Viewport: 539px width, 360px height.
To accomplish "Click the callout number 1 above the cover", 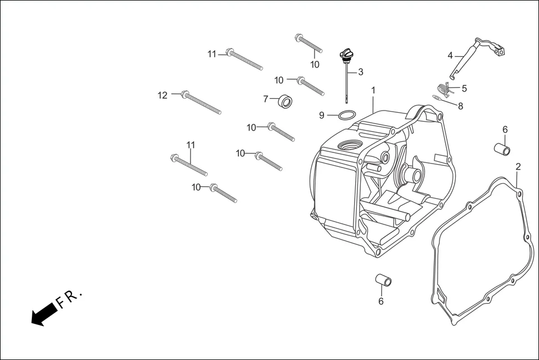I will pyautogui.click(x=373, y=90).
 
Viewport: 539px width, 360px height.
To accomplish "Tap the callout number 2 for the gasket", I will pyautogui.click(x=518, y=166).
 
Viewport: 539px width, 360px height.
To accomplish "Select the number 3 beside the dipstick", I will pyautogui.click(x=361, y=72).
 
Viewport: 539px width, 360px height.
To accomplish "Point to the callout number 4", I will pyautogui.click(x=450, y=55).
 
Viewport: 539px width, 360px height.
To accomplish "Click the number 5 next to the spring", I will pyautogui.click(x=464, y=88).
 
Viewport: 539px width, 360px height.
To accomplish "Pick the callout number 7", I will pyautogui.click(x=266, y=99).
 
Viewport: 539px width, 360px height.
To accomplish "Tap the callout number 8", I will pyautogui.click(x=460, y=105).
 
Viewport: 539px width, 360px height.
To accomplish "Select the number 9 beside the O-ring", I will pyautogui.click(x=322, y=116).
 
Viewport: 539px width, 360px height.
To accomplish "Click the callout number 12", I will pyautogui.click(x=162, y=95).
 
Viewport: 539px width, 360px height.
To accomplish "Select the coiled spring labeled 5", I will pyautogui.click(x=443, y=89).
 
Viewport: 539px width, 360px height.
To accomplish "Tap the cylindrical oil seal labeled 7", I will pyautogui.click(x=287, y=102).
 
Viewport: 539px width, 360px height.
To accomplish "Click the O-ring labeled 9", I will pyautogui.click(x=346, y=116).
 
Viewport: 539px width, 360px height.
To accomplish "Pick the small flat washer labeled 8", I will pyautogui.click(x=436, y=97).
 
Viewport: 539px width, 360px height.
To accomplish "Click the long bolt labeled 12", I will pyautogui.click(x=202, y=103).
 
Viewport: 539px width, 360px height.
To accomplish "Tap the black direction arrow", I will pyautogui.click(x=44, y=314).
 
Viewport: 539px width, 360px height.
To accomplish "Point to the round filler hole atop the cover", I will pyautogui.click(x=349, y=146).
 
